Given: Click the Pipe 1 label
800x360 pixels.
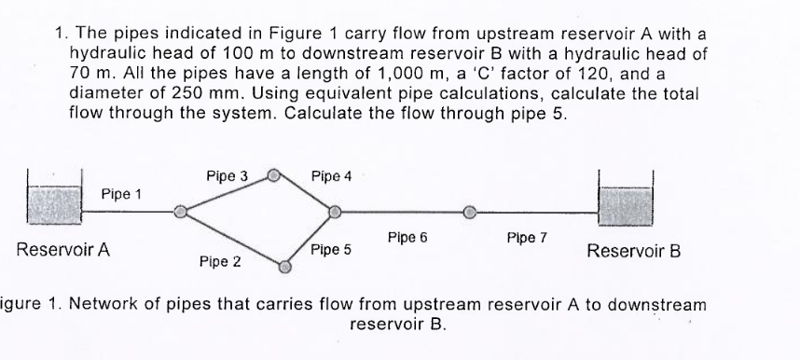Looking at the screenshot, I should (x=121, y=194).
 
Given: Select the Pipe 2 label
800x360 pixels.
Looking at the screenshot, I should (x=220, y=262).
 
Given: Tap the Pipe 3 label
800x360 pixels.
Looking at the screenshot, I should (x=226, y=175).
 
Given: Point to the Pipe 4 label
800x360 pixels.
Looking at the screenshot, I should (x=331, y=175).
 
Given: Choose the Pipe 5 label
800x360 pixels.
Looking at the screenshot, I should (x=331, y=249).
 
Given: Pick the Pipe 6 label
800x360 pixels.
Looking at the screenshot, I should (x=407, y=237).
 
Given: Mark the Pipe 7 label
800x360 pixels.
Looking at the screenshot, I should (x=527, y=238).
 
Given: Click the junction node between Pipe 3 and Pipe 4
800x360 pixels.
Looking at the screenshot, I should (x=273, y=174).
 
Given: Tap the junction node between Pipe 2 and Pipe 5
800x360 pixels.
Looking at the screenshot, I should (x=286, y=267).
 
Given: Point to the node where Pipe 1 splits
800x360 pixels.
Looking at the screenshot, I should (x=180, y=214).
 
